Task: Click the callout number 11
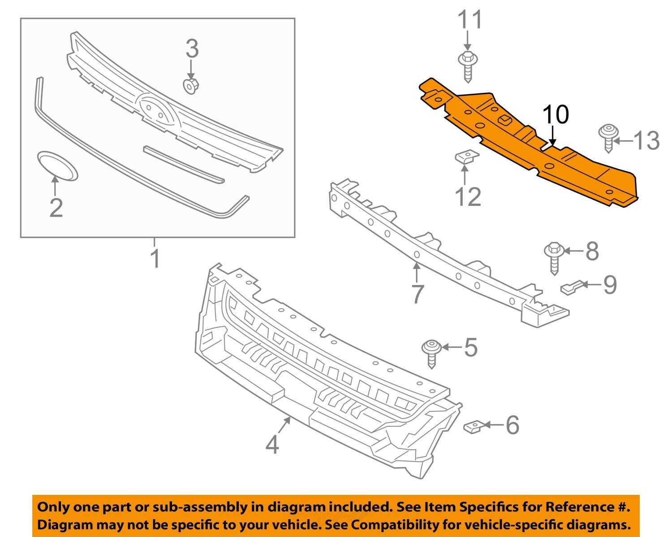click(x=470, y=21)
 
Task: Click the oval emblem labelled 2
click(x=57, y=166)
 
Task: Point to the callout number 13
click(x=647, y=140)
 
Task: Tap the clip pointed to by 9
click(x=572, y=287)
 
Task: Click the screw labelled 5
click(x=432, y=352)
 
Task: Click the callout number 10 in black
click(x=556, y=115)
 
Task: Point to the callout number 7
click(x=417, y=294)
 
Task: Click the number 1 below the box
click(x=155, y=259)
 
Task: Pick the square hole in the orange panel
click(x=505, y=119)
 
